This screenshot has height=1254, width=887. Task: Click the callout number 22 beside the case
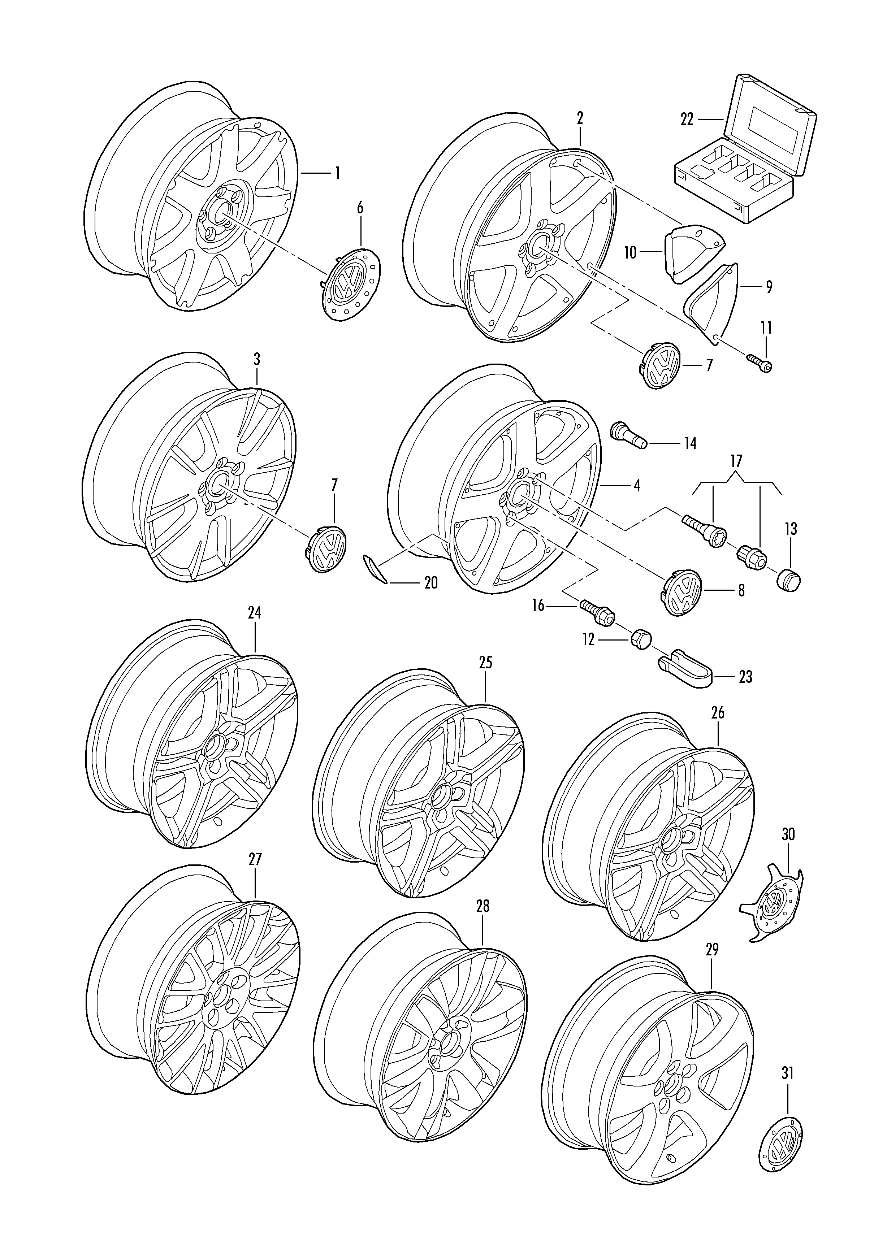687,119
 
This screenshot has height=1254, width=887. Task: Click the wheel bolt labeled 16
597,612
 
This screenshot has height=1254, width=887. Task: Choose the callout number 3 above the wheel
257,359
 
